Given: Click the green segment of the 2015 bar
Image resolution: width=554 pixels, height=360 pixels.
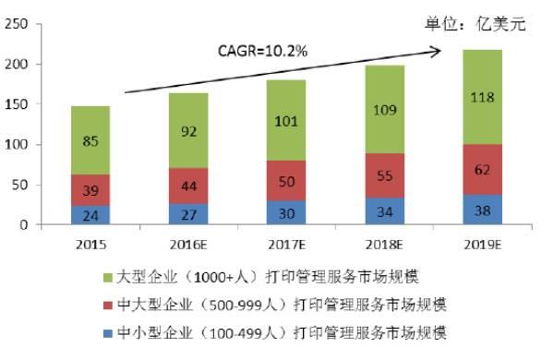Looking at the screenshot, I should point(90,140).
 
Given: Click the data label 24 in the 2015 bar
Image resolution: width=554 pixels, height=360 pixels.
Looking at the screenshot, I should point(90,214).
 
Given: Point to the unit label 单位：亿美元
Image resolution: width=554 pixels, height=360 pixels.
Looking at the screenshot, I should point(488,24).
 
